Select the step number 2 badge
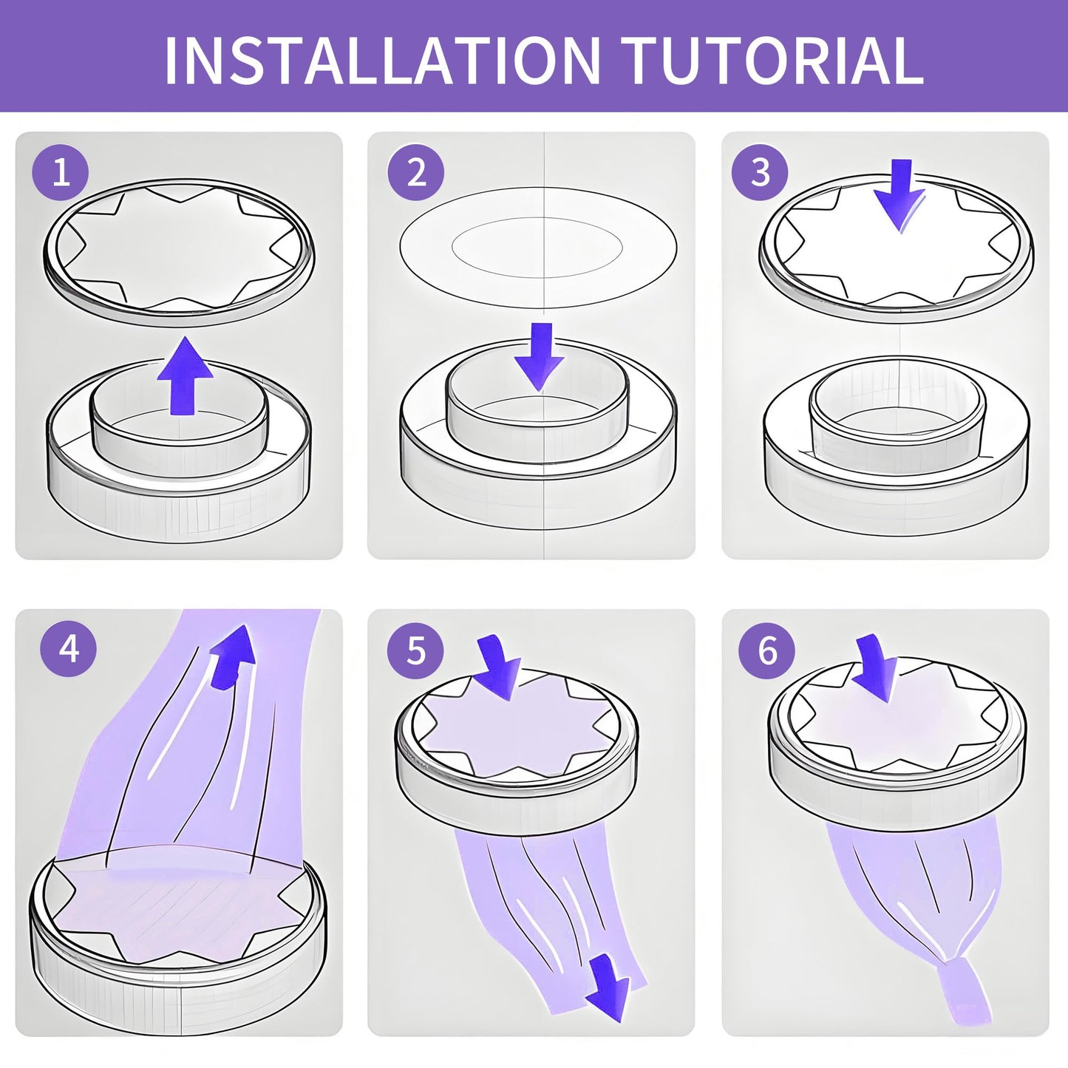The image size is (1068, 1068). tap(415, 171)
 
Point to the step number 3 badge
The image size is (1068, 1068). tap(761, 171)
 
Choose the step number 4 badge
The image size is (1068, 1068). tap(68, 649)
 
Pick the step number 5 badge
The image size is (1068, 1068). tap(415, 649)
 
